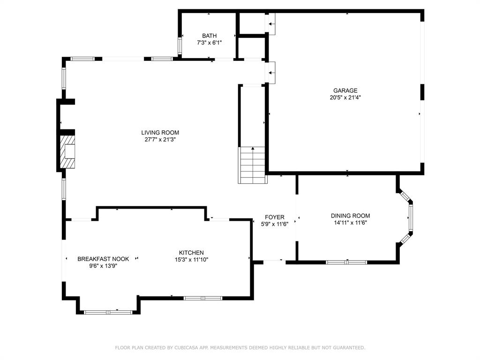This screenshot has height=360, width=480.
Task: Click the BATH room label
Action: tap(209, 36)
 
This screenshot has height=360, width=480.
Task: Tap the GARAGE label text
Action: tap(345, 91)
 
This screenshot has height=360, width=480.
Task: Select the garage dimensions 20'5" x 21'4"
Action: tap(345, 98)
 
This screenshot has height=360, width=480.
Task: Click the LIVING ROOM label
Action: tap(160, 133)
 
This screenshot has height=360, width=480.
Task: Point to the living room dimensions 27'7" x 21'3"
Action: tap(160, 139)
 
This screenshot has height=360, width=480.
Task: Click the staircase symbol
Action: tap(253, 165)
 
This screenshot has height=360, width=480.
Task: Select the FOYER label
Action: tap(274, 217)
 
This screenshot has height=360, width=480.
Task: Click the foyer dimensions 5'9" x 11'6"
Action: tap(274, 224)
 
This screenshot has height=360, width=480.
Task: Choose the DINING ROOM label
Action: tap(350, 216)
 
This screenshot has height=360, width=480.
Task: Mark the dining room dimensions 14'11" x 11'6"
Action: tap(350, 223)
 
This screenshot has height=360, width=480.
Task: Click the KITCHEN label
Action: tap(191, 253)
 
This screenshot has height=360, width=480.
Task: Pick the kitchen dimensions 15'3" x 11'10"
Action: tap(191, 259)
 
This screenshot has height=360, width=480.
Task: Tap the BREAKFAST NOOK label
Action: tap(103, 259)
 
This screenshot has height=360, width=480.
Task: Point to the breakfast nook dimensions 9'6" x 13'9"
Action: tap(103, 266)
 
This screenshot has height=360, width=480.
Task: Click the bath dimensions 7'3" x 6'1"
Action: tap(209, 43)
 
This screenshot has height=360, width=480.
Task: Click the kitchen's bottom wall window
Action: tap(202, 298)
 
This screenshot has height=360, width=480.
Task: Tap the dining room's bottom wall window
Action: tap(346, 262)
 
